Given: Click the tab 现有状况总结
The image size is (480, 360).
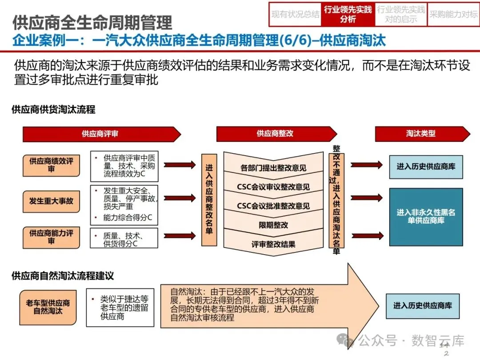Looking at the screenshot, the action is click(295, 15).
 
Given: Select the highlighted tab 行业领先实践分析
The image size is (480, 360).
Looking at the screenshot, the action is click(348, 15).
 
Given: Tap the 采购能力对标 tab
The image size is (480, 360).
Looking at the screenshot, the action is click(453, 15).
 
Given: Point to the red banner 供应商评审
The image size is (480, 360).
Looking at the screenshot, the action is click(100, 134).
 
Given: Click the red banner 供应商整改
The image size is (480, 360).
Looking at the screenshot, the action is click(276, 134).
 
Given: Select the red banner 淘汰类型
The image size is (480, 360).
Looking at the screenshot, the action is click(420, 134).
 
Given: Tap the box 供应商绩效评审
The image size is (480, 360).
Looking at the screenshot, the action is click(52, 165).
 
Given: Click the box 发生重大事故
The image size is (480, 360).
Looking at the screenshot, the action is click(52, 200).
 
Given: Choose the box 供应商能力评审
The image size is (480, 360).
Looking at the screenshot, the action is click(52, 236).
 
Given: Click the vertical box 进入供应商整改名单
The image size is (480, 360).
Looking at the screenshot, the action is click(209, 200).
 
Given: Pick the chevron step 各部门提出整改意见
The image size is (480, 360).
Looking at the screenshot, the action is click(273, 168).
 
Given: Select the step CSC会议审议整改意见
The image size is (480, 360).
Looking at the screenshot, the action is click(273, 187).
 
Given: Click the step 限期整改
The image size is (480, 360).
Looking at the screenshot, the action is click(273, 225).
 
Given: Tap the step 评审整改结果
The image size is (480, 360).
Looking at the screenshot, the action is click(273, 244).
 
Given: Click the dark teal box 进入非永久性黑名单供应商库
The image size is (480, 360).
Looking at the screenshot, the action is click(426, 217).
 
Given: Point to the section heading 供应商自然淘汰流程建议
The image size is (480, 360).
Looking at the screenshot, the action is click(63, 276).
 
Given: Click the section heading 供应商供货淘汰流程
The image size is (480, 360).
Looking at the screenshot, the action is click(54, 109).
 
